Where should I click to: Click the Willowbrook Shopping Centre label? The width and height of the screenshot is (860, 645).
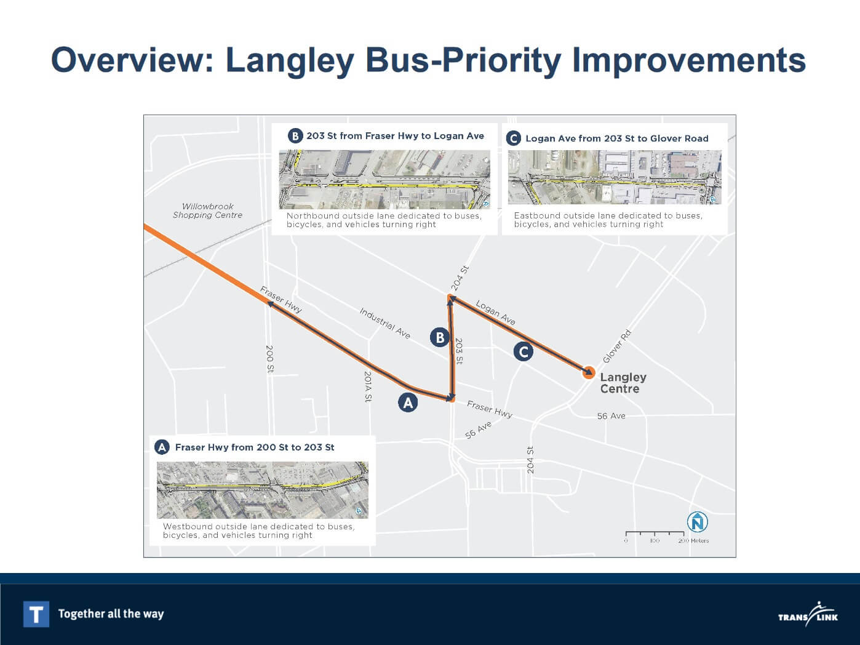pyautogui.click(x=208, y=210)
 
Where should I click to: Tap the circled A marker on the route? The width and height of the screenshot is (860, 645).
pyautogui.click(x=408, y=403)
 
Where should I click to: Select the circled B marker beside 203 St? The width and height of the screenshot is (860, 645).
pyautogui.click(x=440, y=337)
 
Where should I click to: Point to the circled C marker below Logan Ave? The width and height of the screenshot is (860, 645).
pyautogui.click(x=523, y=351)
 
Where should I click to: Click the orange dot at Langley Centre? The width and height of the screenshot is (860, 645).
pyautogui.click(x=589, y=372)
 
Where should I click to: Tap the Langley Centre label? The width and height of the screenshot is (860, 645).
pyautogui.click(x=623, y=383)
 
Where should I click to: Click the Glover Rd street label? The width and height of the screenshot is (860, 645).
pyautogui.click(x=616, y=346)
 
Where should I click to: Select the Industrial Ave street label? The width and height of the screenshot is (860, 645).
pyautogui.click(x=384, y=323)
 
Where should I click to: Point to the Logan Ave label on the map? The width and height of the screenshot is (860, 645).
pyautogui.click(x=496, y=312)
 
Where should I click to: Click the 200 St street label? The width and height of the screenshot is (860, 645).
pyautogui.click(x=270, y=359)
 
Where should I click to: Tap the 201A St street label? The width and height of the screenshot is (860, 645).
pyautogui.click(x=368, y=387)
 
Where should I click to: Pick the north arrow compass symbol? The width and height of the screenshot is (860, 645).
pyautogui.click(x=698, y=522)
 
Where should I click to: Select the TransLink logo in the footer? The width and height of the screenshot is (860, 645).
pyautogui.click(x=808, y=614)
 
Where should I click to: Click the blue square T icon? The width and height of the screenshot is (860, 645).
pyautogui.click(x=36, y=614)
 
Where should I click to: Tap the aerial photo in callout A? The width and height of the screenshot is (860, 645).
pyautogui.click(x=263, y=490)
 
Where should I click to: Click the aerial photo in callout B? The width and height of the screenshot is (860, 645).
pyautogui.click(x=384, y=179)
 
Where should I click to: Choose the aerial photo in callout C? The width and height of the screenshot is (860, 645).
pyautogui.click(x=615, y=177)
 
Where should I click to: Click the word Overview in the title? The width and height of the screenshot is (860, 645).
pyautogui.click(x=132, y=60)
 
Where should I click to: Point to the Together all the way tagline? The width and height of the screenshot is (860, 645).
pyautogui.click(x=111, y=614)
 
